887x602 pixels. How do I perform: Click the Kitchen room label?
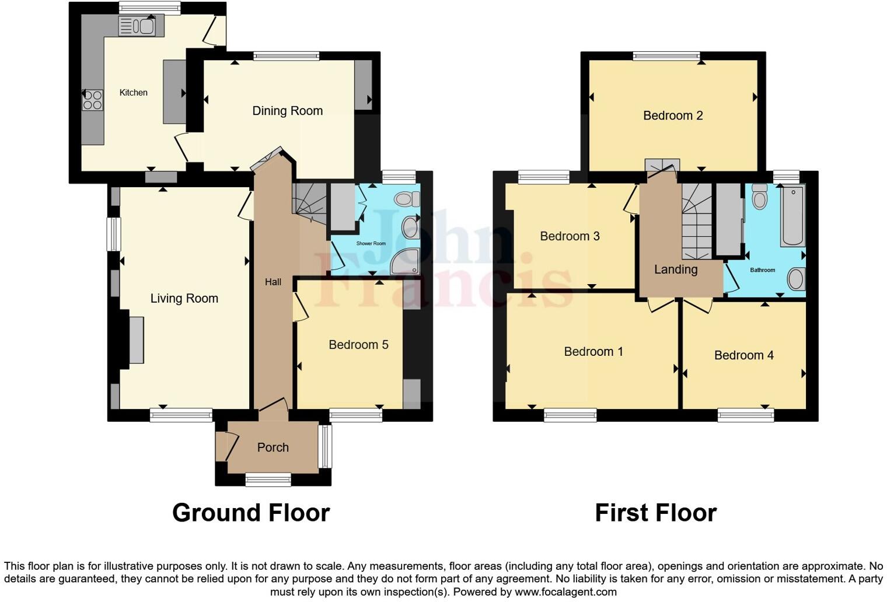coord(133,92)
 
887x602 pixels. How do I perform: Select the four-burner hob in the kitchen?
coord(92,100)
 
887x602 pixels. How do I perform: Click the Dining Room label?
coord(287,111)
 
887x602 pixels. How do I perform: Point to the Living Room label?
coord(184,299)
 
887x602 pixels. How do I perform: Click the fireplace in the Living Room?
coord(135,339)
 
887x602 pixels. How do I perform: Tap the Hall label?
coord(273,282)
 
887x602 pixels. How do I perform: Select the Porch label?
coord(273,447)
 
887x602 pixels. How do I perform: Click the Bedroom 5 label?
coord(358,345)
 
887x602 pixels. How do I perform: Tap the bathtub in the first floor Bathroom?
coord(792,216)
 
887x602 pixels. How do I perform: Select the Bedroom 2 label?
coord(673,116)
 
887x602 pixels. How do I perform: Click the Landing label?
coord(675,269)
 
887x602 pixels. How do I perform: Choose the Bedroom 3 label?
coord(570,236)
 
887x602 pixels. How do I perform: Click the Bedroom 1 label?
coord(593,352)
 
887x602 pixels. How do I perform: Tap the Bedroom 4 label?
coord(743,355)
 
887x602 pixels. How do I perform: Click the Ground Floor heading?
coord(251,513)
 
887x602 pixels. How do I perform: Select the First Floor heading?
coord(655,513)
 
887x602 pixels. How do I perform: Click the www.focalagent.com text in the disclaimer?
coord(565,591)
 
